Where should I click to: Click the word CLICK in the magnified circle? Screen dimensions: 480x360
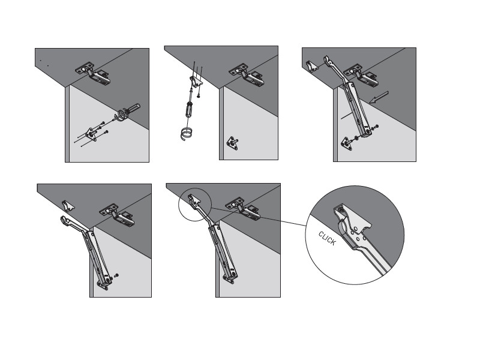327,238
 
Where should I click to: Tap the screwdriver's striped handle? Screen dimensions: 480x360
188,110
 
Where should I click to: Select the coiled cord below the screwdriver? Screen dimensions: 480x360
186,133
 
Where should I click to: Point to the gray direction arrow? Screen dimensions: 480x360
379,97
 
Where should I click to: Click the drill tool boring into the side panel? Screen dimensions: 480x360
128,112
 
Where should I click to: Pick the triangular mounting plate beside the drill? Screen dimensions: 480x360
92,134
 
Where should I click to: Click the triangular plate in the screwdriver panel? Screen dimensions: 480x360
232,143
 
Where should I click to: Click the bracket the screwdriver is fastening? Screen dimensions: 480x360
196,82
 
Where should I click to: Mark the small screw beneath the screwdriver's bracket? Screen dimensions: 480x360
199,96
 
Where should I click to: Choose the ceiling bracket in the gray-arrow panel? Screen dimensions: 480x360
312,66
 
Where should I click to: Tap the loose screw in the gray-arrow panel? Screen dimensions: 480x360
374,127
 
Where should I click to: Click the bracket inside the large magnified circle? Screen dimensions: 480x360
352,218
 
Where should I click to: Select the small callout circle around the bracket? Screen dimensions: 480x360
194,204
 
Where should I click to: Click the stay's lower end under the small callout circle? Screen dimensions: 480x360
230,277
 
